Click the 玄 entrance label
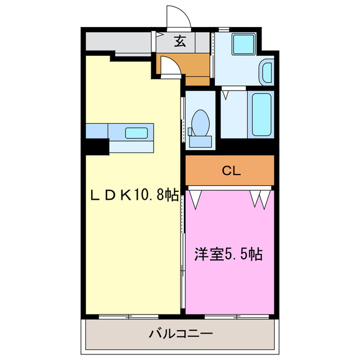179,42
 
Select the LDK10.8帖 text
135,195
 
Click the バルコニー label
181,334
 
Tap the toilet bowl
201,121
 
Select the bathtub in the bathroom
262,115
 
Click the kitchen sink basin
137,133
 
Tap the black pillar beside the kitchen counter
97,146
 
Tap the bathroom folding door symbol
226,93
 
